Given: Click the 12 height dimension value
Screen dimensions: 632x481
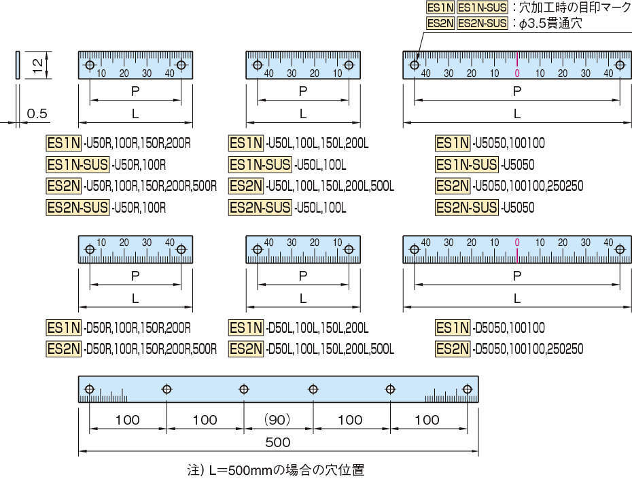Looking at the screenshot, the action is click(37, 65).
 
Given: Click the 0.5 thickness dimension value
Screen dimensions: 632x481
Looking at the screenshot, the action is click(37, 113).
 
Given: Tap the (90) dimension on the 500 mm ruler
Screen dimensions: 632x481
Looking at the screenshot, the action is click(277, 420).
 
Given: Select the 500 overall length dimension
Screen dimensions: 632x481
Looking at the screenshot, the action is click(278, 442).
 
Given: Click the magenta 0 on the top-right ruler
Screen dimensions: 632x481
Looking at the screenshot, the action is click(517, 73).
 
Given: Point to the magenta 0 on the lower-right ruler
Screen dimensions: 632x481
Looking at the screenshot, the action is click(517, 243).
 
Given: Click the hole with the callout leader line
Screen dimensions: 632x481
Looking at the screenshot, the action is click(415, 65).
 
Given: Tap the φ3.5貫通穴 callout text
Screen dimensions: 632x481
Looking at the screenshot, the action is click(550, 23).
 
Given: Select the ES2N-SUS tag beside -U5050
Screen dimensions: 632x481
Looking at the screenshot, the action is click(466, 207).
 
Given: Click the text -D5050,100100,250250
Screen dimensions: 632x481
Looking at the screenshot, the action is click(528, 349).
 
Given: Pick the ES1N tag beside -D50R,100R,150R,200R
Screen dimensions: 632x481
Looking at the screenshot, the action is click(64, 327).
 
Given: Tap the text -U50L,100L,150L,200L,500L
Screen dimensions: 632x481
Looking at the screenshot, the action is click(330, 186).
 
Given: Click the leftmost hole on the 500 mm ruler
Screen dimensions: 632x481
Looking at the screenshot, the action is click(90, 389).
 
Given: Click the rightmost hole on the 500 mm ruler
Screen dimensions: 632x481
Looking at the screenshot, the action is click(467, 389).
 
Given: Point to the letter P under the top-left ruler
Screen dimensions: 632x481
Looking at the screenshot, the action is click(135, 92).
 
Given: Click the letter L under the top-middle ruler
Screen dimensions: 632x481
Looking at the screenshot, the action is click(302, 114).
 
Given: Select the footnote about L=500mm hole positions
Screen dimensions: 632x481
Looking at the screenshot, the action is click(276, 469).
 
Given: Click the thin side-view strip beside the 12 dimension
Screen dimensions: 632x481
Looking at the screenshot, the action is click(18, 65).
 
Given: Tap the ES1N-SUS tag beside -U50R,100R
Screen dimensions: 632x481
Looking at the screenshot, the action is click(77, 164).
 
